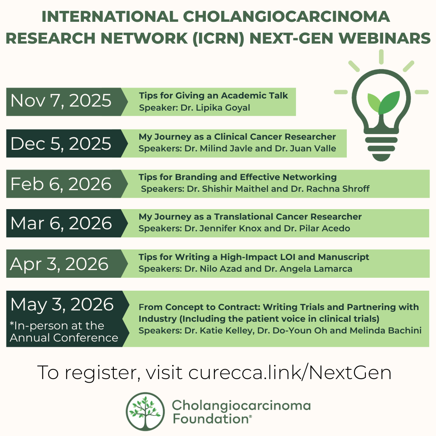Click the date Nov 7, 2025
click(x=61, y=101)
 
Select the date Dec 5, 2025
click(x=61, y=144)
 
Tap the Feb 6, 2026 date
click(x=61, y=184)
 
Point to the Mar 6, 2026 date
click(x=61, y=223)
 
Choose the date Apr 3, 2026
click(x=59, y=264)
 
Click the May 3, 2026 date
click(x=62, y=304)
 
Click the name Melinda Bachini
click(x=386, y=331)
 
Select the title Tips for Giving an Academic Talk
click(x=213, y=96)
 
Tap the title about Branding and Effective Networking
click(x=237, y=177)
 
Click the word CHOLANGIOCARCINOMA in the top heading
click(x=286, y=17)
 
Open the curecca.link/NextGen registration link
click(x=290, y=373)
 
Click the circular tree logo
click(x=145, y=411)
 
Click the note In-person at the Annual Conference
click(x=64, y=332)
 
